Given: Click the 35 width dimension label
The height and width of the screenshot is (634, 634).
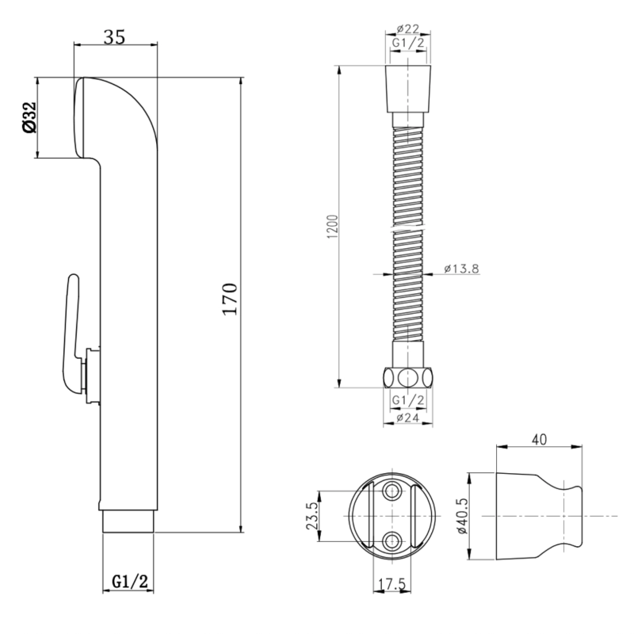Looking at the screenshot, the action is (x=115, y=36).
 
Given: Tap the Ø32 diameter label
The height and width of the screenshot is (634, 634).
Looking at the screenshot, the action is (x=30, y=117).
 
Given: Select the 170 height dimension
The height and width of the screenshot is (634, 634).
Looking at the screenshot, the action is (x=230, y=300).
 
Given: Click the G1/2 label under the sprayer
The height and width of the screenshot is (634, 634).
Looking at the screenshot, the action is (x=130, y=582).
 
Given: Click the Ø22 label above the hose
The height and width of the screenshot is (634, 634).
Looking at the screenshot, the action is (x=408, y=29).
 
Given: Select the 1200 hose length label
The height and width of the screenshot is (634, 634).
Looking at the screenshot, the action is (x=332, y=227).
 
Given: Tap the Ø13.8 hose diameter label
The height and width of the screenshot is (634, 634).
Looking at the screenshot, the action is (x=461, y=269).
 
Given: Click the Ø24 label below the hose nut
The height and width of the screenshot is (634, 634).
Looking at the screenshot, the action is (x=407, y=418).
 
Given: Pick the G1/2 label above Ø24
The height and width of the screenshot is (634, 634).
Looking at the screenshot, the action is (x=408, y=400).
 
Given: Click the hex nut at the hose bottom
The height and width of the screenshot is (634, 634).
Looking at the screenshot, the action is (x=407, y=378).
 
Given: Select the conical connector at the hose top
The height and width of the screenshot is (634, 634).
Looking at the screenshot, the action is (x=408, y=88).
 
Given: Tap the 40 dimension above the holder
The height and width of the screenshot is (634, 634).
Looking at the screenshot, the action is (x=540, y=439).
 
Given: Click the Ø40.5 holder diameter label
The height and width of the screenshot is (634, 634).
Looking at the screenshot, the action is (x=462, y=516).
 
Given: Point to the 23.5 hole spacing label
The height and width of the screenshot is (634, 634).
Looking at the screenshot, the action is (x=311, y=516).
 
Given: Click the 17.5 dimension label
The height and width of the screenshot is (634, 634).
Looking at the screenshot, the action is (x=392, y=584).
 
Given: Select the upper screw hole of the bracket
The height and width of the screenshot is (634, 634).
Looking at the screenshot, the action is (x=392, y=491).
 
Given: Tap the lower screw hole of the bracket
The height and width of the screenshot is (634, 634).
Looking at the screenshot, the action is (x=392, y=541).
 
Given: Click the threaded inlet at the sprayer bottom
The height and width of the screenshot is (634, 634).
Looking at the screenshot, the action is (x=128, y=522).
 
